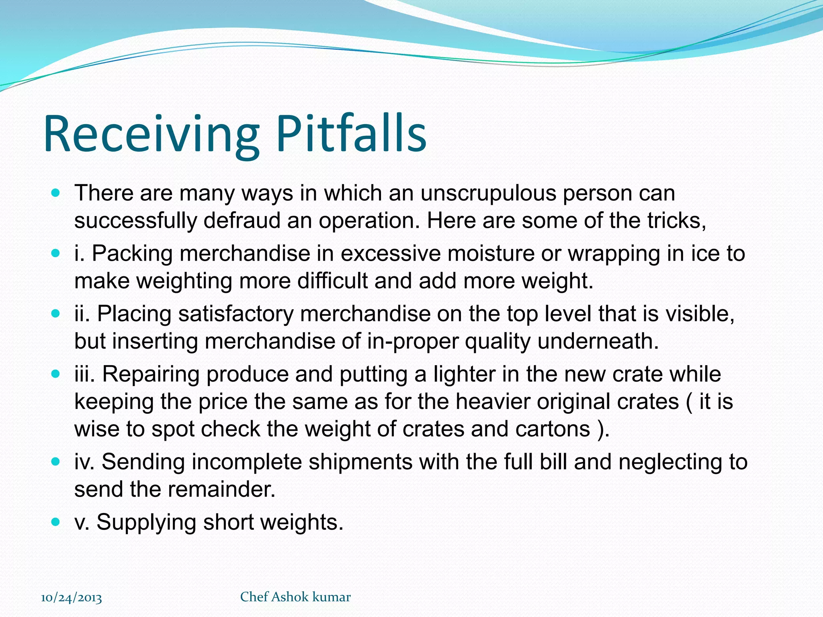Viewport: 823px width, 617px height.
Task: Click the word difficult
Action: pyautogui.click(x=332, y=281)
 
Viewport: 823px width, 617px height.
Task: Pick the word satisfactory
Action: pyautogui.click(x=236, y=314)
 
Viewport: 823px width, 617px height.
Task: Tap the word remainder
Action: pyautogui.click(x=221, y=489)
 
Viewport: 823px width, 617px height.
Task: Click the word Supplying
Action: pyautogui.click(x=146, y=522)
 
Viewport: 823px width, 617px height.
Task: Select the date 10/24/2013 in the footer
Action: pyautogui.click(x=72, y=598)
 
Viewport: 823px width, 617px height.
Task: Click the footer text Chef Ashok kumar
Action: pyautogui.click(x=295, y=597)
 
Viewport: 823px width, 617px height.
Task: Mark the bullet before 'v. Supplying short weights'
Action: pyautogui.click(x=56, y=522)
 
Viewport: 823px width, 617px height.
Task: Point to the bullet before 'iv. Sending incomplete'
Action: pyautogui.click(x=56, y=462)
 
